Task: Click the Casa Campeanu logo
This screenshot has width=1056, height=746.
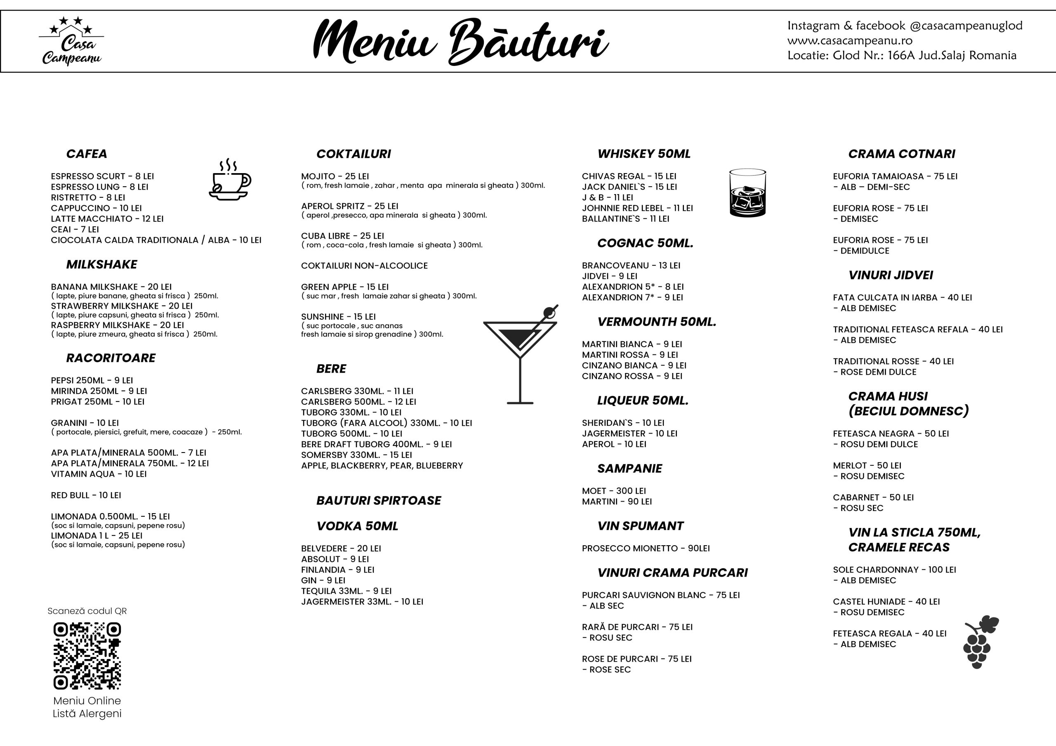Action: point(71,41)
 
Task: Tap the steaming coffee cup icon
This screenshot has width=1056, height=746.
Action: point(230,180)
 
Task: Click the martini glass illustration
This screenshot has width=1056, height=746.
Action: point(521,354)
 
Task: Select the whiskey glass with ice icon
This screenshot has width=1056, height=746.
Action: point(747,193)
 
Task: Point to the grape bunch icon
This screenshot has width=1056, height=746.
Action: point(980,642)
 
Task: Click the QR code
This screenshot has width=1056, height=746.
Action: point(87,656)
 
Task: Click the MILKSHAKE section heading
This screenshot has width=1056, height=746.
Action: point(101,264)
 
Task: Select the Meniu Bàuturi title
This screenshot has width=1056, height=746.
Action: point(460,42)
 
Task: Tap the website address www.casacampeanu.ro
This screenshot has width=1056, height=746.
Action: point(850,40)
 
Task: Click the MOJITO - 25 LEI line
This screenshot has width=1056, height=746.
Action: point(335,176)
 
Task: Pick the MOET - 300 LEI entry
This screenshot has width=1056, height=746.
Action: point(613,491)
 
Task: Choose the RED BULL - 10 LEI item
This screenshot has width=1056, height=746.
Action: point(86,495)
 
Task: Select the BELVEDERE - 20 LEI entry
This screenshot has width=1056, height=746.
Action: point(341,548)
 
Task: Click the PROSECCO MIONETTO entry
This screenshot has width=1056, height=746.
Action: point(646,548)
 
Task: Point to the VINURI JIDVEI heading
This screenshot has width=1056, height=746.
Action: point(891,275)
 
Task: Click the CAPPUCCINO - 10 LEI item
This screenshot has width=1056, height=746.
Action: point(96,208)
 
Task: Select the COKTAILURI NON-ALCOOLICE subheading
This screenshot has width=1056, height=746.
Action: point(364,266)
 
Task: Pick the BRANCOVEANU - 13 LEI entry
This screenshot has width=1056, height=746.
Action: point(631,265)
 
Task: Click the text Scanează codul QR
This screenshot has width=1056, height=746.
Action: point(87,611)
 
